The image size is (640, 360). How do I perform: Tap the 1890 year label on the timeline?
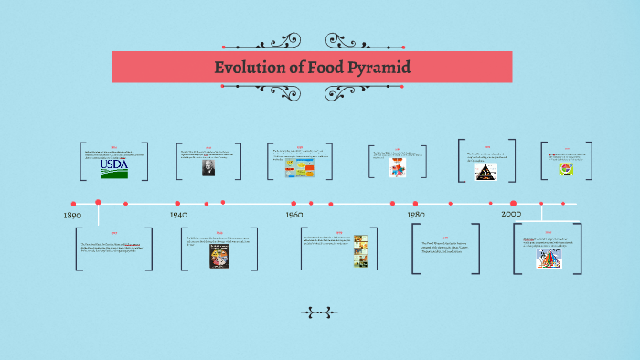point(72,216)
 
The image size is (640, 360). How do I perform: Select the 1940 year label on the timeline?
point(179,215)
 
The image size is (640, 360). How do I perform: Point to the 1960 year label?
point(293,215)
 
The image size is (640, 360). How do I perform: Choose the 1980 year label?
point(416,215)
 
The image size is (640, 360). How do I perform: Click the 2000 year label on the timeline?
point(511,214)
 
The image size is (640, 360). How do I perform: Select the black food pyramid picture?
point(486,170)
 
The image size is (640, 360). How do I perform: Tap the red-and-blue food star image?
point(398,169)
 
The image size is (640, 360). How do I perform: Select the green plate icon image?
point(567,169)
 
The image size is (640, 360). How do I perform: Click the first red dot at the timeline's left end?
point(72,203)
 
